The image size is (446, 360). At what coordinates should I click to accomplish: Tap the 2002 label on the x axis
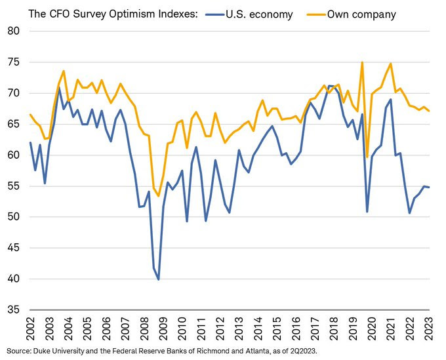point(30,331)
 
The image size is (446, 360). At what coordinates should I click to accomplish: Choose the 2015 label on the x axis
point(277,331)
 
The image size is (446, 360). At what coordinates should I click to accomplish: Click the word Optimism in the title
point(115,12)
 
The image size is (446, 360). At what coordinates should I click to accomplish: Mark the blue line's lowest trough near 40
point(159,279)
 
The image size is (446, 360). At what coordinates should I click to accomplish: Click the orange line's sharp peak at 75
point(362,62)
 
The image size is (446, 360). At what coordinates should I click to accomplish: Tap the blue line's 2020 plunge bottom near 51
point(367,211)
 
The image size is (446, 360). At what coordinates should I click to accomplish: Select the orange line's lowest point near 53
point(158,195)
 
